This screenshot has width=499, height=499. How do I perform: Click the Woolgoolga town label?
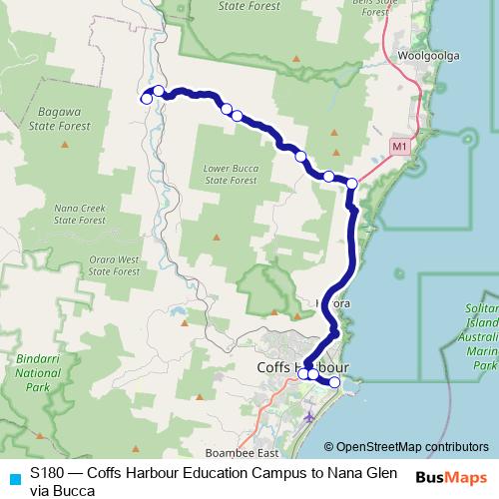(x=429, y=56)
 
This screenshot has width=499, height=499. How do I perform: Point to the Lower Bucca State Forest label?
(x=230, y=174)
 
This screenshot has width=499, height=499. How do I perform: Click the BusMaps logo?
(x=450, y=477)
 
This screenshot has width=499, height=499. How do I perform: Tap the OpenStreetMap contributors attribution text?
(x=412, y=446)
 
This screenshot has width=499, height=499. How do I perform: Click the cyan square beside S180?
(x=14, y=479)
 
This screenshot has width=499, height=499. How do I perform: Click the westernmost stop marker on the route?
(x=146, y=98)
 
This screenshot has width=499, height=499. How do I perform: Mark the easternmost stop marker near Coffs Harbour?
(x=334, y=382)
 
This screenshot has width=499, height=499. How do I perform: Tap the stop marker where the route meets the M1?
(x=351, y=183)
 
